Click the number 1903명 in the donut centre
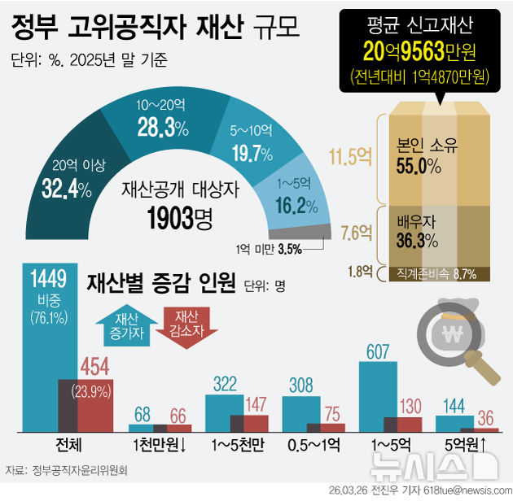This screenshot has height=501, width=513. (177, 217)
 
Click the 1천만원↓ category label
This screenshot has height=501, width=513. (160, 446)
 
